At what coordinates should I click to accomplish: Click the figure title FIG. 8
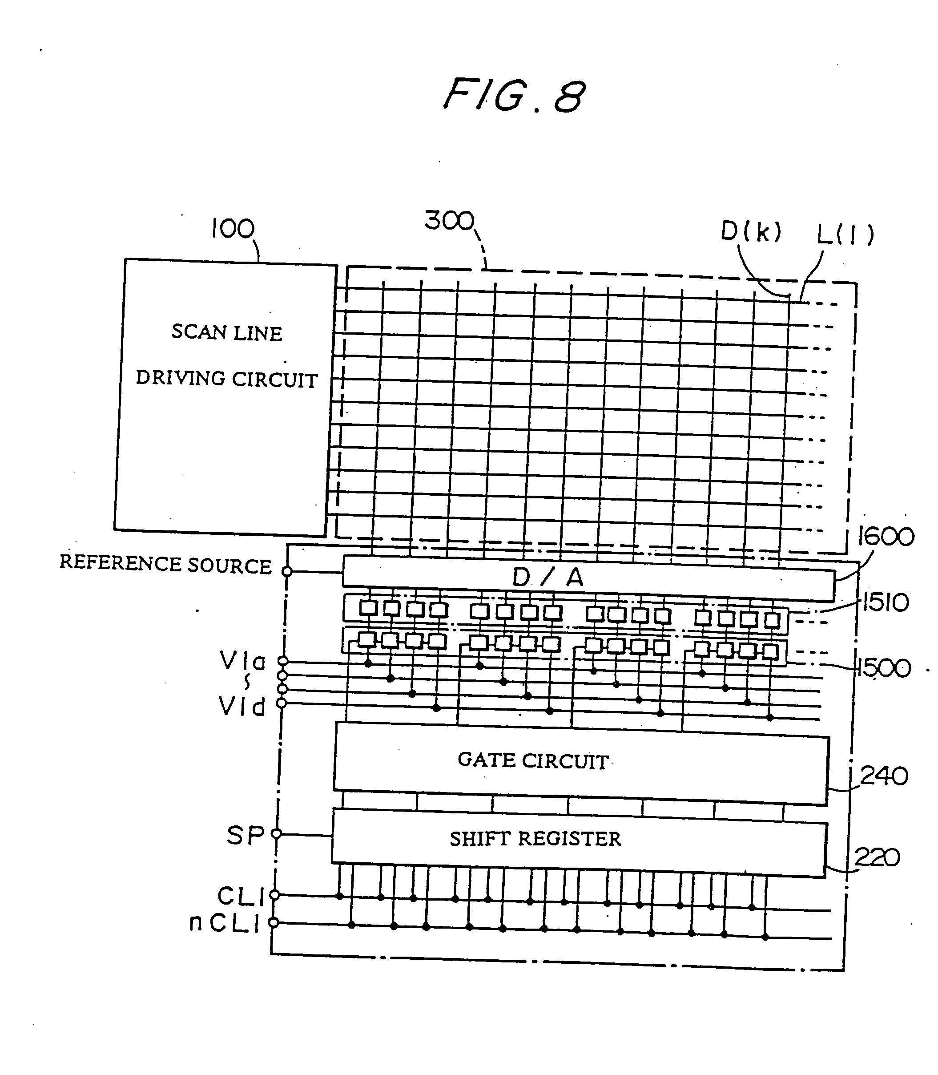514,96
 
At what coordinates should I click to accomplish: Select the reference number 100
233,229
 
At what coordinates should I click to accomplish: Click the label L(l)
845,234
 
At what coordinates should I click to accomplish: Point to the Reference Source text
165,564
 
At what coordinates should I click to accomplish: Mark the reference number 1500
884,669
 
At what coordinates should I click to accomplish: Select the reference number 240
884,776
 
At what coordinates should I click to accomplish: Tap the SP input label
245,836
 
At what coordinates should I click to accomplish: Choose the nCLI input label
224,923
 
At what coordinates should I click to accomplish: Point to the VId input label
242,707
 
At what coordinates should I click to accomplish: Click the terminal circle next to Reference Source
287,571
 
